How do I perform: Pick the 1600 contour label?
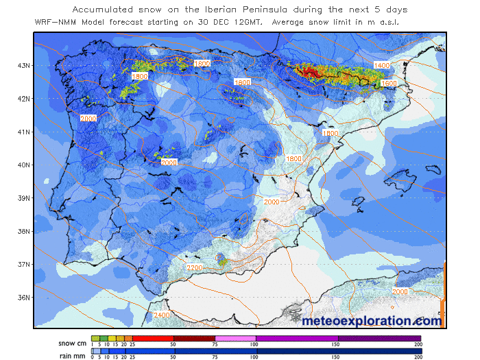(388, 83)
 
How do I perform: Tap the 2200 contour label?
(195, 267)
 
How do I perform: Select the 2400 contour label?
(162, 315)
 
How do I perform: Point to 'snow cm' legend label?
(71, 343)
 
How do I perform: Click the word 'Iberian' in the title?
(233, 10)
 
